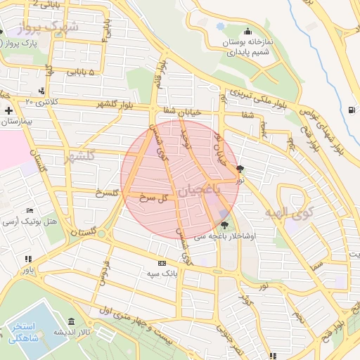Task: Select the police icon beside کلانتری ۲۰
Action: pos(42,90)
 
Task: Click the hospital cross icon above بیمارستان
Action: pos(8,110)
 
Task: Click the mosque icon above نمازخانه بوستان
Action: pos(247,32)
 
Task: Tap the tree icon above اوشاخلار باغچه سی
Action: pos(224,226)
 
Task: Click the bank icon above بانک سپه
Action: pos(163,263)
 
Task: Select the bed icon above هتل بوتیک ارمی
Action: pos(29,210)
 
